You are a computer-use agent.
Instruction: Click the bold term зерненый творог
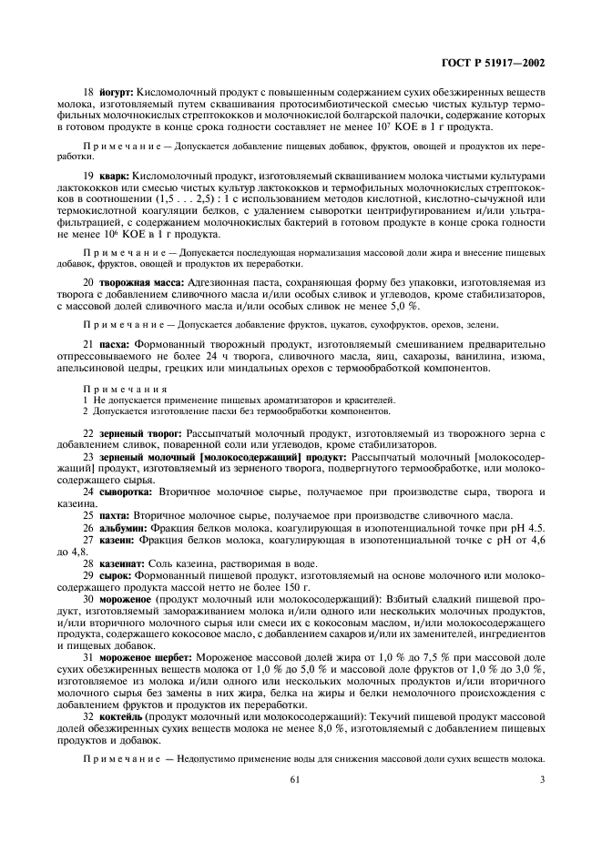coord(138,431)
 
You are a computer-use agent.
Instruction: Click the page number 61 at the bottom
coord(294,779)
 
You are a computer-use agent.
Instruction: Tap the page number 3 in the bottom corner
coord(543,779)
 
